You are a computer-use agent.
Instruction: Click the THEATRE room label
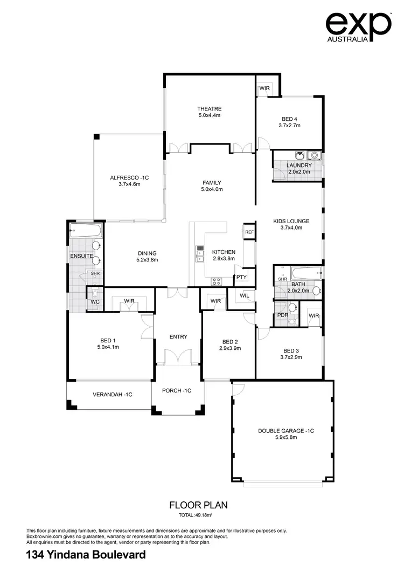[210, 109]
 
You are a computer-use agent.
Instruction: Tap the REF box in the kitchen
[249, 232]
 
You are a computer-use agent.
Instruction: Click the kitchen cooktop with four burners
[216, 281]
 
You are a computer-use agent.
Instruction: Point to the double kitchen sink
[200, 253]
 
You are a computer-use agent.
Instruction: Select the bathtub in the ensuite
[85, 232]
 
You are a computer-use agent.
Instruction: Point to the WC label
[95, 302]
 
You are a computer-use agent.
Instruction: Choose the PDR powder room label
[281, 315]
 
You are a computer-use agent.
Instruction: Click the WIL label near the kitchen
[244, 295]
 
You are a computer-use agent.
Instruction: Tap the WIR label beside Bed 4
[264, 88]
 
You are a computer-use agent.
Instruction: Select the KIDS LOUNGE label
[291, 221]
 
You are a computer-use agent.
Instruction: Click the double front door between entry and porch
[178, 357]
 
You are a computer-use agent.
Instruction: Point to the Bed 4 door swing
[264, 142]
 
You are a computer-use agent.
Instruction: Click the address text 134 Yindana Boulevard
[86, 555]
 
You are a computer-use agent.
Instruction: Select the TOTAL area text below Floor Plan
[198, 515]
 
